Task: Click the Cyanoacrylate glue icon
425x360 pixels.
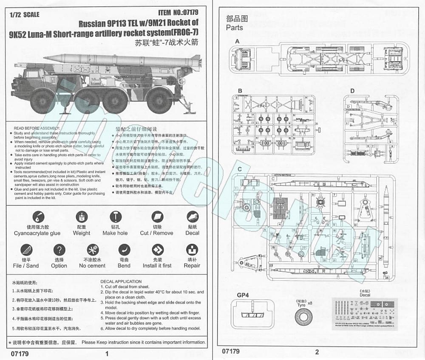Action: (x=37, y=217)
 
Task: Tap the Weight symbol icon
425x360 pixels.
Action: (x=82, y=217)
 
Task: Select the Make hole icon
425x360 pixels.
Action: (x=115, y=217)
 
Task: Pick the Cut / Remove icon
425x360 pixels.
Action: (x=157, y=217)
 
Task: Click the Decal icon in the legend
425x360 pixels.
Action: (x=192, y=217)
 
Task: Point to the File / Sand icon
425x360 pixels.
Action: (x=26, y=250)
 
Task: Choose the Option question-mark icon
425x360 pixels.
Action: (x=59, y=250)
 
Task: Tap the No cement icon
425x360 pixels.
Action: (x=92, y=250)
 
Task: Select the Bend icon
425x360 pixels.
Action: (x=124, y=250)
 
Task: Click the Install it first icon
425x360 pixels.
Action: (x=157, y=250)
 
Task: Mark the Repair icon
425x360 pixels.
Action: (x=192, y=250)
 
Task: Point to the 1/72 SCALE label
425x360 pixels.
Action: (x=24, y=15)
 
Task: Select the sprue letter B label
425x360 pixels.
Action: (x=240, y=91)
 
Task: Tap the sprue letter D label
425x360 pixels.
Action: (x=352, y=91)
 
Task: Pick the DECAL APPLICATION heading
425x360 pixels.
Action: (x=121, y=281)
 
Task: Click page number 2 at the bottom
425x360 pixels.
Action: (x=317, y=352)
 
